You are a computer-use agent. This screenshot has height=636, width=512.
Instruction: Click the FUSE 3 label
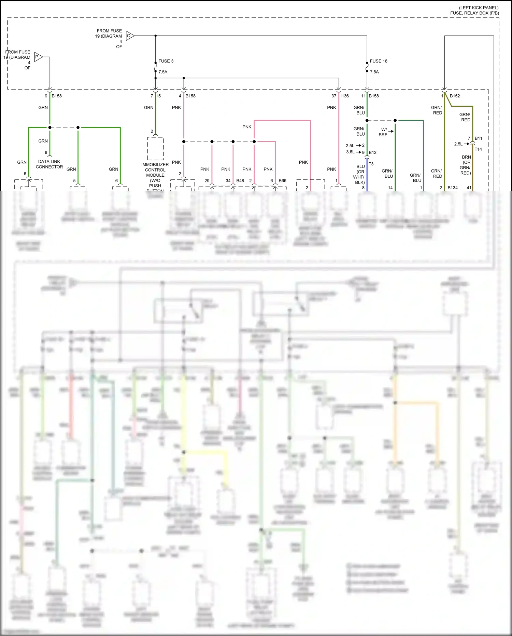click(x=166, y=61)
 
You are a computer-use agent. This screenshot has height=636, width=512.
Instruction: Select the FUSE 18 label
click(x=379, y=61)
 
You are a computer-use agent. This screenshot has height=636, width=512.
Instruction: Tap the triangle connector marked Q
click(x=130, y=36)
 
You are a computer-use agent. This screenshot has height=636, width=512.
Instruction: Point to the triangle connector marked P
click(x=38, y=57)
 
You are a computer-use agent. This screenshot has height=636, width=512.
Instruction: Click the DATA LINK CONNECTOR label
click(x=49, y=164)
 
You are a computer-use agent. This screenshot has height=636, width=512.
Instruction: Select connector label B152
click(x=455, y=96)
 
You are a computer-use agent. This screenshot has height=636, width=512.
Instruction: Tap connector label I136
click(x=344, y=96)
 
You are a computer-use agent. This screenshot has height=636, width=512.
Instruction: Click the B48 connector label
click(x=240, y=181)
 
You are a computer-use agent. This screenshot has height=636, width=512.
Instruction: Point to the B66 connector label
click(x=282, y=181)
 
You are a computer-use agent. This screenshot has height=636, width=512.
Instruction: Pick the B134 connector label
click(x=453, y=188)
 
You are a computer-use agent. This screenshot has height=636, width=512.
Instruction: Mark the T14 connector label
click(x=478, y=149)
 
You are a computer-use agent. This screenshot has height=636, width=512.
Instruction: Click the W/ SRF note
click(x=383, y=132)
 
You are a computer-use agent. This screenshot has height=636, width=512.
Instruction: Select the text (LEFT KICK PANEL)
click(x=479, y=8)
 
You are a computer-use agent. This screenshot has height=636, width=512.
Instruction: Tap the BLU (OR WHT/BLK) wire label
click(x=360, y=174)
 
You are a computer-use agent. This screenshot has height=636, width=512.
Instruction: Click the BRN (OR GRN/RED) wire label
click(x=466, y=165)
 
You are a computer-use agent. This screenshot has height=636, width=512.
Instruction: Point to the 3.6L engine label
click(x=350, y=152)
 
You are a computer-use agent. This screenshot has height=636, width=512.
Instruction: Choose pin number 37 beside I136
click(x=334, y=96)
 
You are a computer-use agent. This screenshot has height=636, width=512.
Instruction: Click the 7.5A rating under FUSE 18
click(x=374, y=72)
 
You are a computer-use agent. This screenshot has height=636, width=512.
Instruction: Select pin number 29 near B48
click(x=207, y=181)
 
